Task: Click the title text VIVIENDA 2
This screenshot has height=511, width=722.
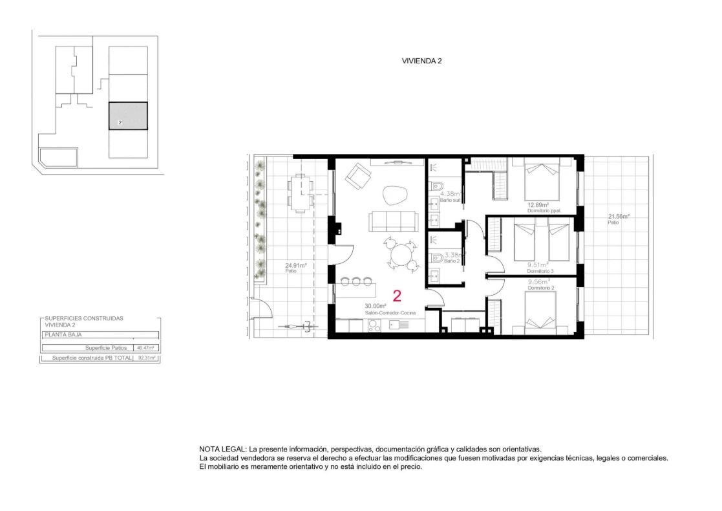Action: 421,61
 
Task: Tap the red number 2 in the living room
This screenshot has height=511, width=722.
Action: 397,296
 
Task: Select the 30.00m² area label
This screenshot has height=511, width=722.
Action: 375,306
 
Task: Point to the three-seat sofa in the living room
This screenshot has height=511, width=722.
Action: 392,221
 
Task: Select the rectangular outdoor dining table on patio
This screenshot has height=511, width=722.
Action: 299,192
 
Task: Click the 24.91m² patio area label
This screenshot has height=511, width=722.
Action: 296,265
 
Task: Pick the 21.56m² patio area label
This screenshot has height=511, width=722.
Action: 618,217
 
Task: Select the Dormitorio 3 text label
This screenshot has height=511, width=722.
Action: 540,271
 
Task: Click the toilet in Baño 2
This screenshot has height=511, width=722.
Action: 437,257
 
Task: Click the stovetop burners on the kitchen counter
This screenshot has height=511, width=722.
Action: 375,327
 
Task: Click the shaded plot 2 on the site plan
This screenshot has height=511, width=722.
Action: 127,116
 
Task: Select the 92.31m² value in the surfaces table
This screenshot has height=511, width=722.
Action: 147,357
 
